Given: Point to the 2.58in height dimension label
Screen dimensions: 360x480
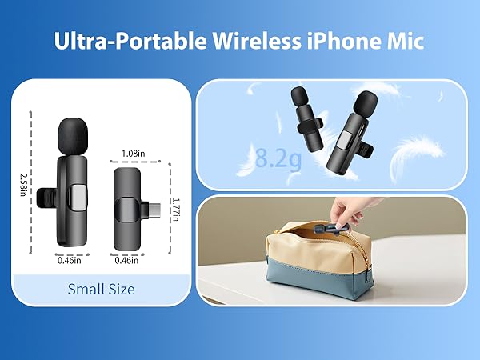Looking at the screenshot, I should (24, 178).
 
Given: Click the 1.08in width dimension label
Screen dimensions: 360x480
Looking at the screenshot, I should (132, 153).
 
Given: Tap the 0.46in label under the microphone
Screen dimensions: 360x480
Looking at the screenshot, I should (70, 259).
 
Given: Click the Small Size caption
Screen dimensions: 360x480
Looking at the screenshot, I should (101, 289).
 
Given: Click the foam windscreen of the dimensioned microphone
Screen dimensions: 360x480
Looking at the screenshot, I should (70, 136).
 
